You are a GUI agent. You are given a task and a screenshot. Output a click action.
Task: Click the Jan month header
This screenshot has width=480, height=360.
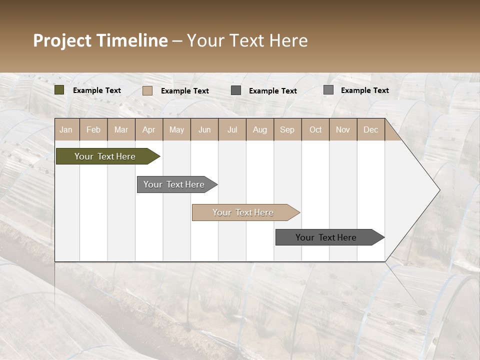pos(66,129)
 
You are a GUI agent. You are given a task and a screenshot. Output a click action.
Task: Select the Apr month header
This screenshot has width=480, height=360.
pos(148,129)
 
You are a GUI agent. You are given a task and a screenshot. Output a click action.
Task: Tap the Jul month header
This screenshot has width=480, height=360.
pos(232,129)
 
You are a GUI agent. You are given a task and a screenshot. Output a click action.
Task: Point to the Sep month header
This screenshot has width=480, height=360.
pos(287,129)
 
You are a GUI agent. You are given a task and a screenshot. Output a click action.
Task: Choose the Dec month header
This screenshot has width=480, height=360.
pos(370,129)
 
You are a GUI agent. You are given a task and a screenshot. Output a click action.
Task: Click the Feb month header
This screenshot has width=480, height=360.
pos(93,129)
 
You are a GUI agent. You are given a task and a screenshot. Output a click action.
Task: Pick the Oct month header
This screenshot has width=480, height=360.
pos(315,129)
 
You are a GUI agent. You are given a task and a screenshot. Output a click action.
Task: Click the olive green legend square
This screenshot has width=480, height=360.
pos(59,90)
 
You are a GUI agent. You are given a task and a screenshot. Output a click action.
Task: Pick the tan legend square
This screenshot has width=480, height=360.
pos(147,90)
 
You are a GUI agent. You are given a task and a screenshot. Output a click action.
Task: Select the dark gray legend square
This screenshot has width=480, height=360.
pos(236,90)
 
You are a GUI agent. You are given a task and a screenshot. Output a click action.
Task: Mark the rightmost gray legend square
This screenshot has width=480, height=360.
pos(328,90)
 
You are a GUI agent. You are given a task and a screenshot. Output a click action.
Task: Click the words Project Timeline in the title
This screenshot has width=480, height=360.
pos(100,40)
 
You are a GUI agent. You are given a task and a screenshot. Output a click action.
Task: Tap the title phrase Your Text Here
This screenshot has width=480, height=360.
pos(247,40)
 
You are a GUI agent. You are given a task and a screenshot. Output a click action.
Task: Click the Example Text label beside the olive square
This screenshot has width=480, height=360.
pos(97,90)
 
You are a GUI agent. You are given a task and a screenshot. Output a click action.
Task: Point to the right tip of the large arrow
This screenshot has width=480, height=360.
pos(438,190)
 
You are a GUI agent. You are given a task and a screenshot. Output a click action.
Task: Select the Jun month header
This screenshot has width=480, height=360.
pos(204,129)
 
